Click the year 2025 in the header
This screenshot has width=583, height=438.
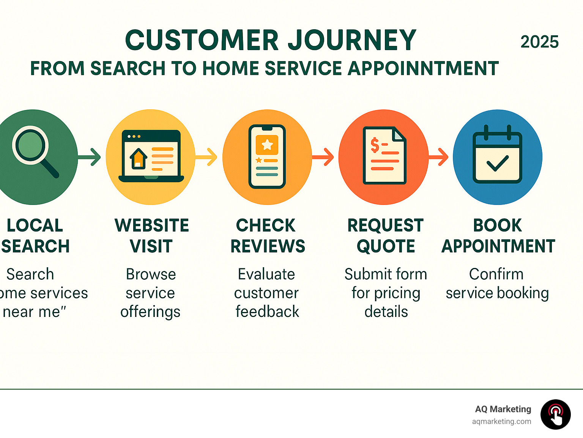coord(539,42)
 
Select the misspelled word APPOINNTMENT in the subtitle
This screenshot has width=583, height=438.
coord(423,69)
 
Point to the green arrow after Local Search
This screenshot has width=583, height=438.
coord(90,157)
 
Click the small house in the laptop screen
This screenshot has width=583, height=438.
coord(139,158)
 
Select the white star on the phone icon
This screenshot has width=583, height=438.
coord(267,144)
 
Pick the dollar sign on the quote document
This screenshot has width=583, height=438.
coord(375,145)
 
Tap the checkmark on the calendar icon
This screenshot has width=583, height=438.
coord(497,163)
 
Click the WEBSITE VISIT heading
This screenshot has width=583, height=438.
coord(151,236)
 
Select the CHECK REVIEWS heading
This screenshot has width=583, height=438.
coord(267,236)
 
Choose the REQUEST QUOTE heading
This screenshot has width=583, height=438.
coord(385,236)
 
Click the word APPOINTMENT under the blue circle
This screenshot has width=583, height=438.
coord(498,246)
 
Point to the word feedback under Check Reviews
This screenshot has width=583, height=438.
coord(267,312)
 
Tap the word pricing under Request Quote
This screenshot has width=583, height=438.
coord(396,293)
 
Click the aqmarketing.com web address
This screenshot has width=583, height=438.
coord(501,421)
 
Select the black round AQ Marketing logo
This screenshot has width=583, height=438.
coord(555,414)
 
